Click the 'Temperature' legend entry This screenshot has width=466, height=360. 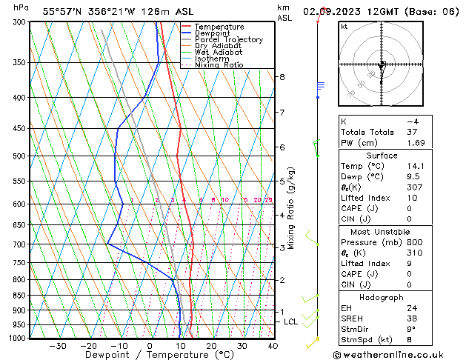pyautogui.click(x=218, y=27)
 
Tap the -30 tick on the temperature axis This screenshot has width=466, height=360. pyautogui.click(x=58, y=346)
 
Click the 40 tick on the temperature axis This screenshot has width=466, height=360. pyautogui.click(x=273, y=346)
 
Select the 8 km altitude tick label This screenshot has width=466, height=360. pyautogui.click(x=282, y=77)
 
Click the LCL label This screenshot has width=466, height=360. pyautogui.click(x=290, y=322)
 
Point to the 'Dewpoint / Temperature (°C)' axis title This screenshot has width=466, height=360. pyautogui.click(x=147, y=355)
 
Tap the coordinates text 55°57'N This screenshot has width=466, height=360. pyautogui.click(x=62, y=11)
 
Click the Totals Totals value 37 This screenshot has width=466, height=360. pyautogui.click(x=412, y=132)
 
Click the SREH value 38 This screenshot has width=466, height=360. pyautogui.click(x=412, y=319)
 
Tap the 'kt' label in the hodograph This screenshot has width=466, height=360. pyautogui.click(x=344, y=27)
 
